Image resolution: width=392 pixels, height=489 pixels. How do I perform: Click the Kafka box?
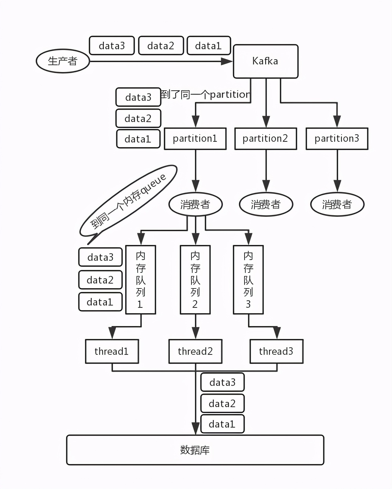(265, 61)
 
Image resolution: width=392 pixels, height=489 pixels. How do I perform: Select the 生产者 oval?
(63, 61)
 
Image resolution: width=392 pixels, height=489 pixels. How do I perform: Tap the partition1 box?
(195, 139)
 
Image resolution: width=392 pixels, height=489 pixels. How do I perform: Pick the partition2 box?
(265, 139)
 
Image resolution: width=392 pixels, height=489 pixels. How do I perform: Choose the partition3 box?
(337, 139)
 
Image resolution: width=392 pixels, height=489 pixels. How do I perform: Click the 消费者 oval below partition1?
(195, 205)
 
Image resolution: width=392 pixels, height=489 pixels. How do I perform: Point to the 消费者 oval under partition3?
(337, 205)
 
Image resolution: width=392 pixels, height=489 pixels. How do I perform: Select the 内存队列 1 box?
(141, 280)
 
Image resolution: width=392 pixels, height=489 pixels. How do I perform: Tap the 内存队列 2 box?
(195, 280)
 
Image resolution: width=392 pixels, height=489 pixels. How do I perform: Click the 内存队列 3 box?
(248, 280)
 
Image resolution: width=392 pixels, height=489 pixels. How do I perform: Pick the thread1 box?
(112, 351)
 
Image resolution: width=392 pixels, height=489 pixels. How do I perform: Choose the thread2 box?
(195, 351)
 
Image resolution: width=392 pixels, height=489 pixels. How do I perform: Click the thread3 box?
(276, 351)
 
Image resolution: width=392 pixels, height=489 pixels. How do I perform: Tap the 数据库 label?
(195, 450)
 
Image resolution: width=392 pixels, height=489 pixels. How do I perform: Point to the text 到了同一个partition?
(205, 94)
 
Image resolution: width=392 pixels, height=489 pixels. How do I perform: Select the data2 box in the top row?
(161, 46)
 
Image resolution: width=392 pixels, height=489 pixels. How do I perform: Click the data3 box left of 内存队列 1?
(100, 257)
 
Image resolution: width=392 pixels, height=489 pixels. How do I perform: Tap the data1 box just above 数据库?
(222, 424)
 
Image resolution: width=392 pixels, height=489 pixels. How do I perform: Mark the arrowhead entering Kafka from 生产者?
(227, 61)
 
